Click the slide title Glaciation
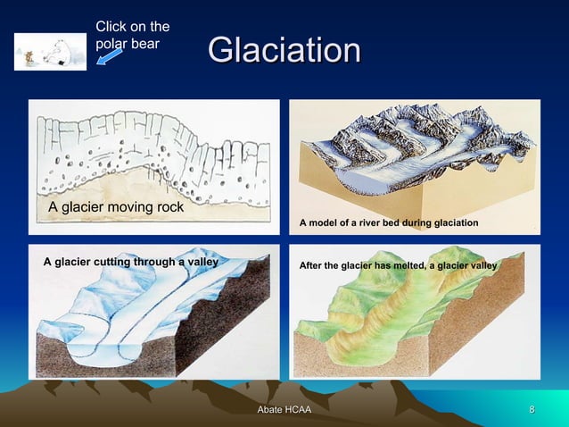tap(284, 50)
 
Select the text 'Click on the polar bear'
tap(132, 35)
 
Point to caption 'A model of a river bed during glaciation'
tap(389, 222)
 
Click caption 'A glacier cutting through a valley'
tap(131, 262)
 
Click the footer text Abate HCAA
tap(284, 410)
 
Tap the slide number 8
tap(532, 410)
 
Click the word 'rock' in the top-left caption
tap(167, 207)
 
